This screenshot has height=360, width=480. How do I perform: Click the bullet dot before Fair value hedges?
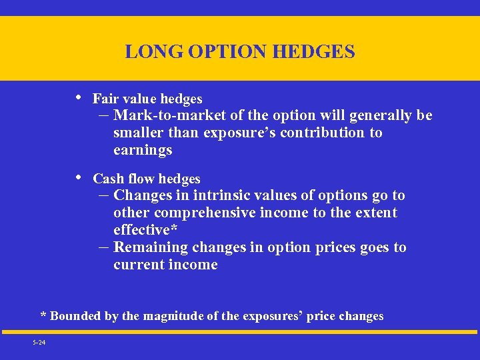79,97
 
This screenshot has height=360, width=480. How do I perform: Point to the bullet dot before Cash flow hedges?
79,177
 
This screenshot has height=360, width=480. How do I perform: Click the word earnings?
143,150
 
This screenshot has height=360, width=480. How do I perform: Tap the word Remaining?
151,247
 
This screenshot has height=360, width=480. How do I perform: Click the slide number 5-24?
38,343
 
